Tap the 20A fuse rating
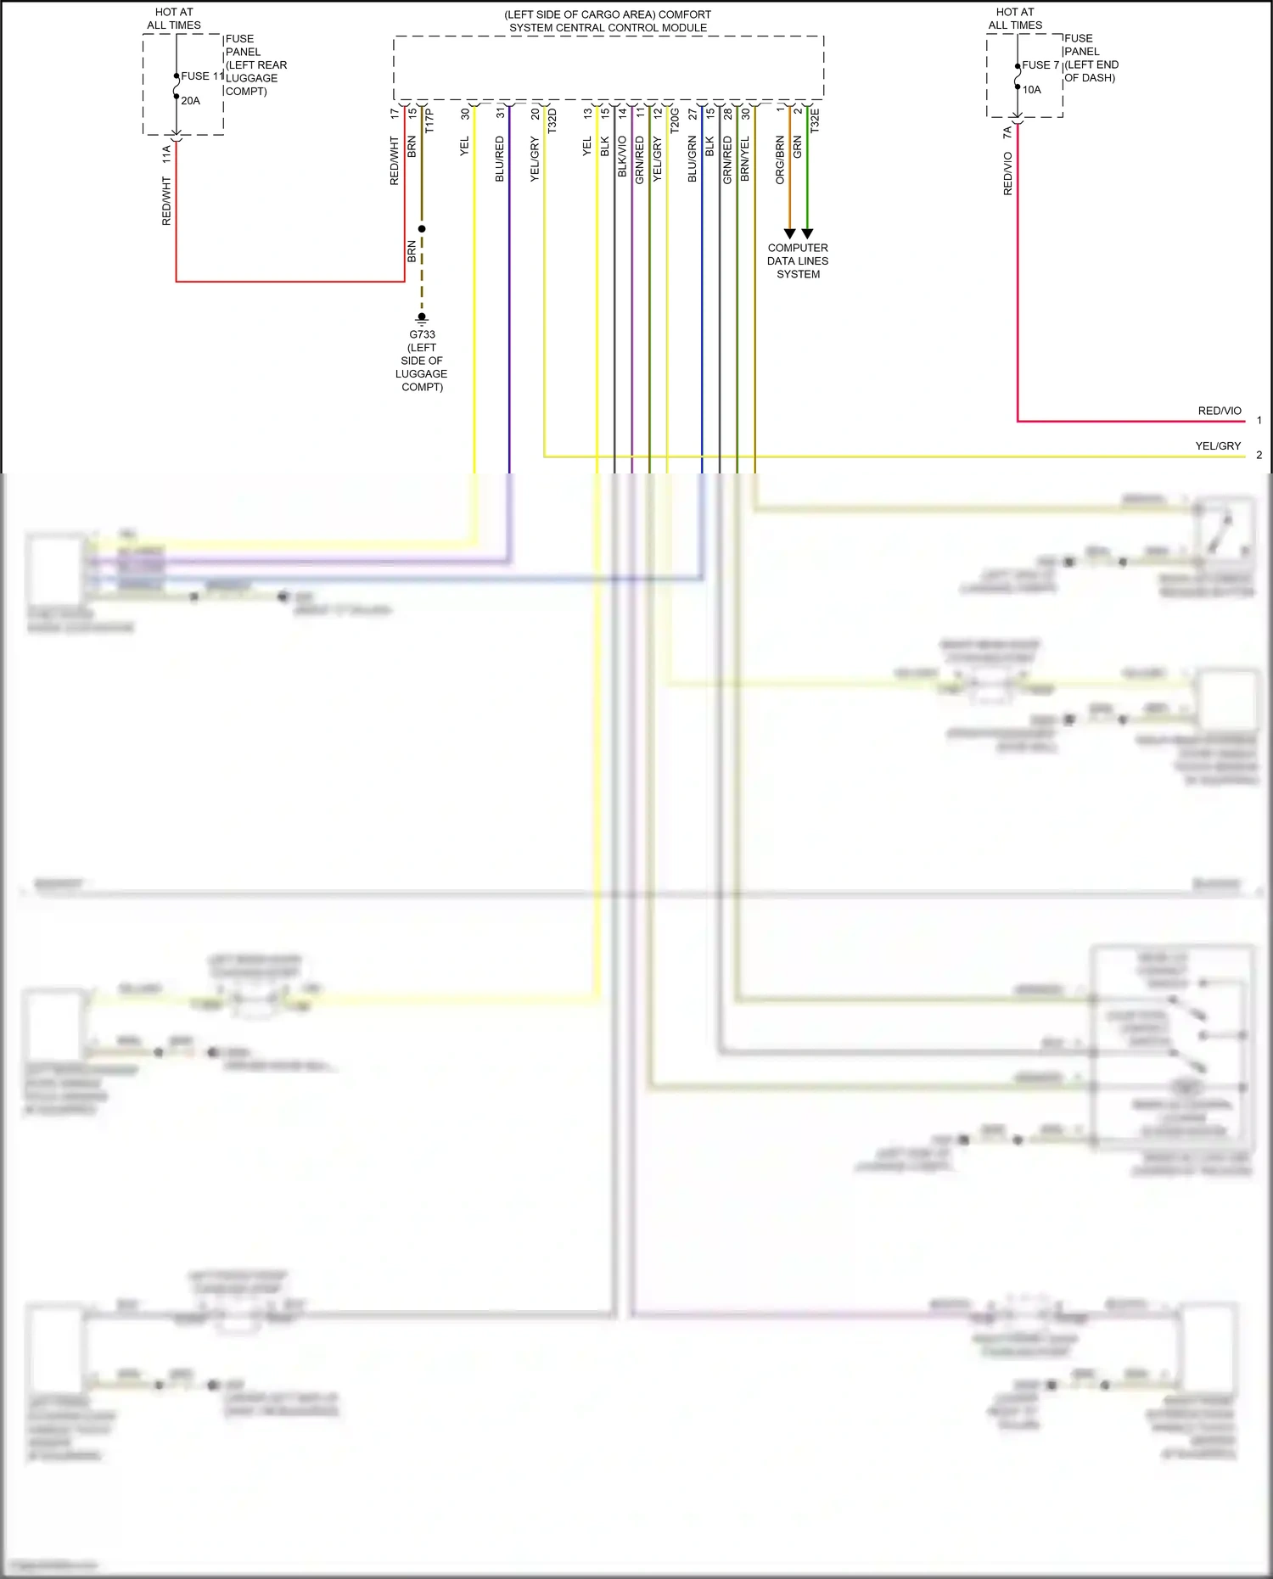(x=190, y=101)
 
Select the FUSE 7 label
(x=1040, y=65)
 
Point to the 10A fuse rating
(x=1031, y=90)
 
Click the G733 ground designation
(x=422, y=334)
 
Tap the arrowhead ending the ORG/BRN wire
(x=789, y=233)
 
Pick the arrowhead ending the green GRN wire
(x=807, y=233)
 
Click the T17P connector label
(x=429, y=120)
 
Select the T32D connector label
(x=552, y=120)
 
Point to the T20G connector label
(x=675, y=120)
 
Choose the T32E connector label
(x=815, y=120)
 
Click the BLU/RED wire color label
(x=500, y=159)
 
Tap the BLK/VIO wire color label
(x=622, y=157)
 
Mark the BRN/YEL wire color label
(x=745, y=159)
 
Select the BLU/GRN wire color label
(x=693, y=159)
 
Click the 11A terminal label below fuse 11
(x=166, y=154)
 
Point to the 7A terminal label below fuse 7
(x=1007, y=133)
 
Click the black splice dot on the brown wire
(x=422, y=229)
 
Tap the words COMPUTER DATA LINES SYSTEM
(x=798, y=261)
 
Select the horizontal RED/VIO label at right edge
(x=1220, y=411)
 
